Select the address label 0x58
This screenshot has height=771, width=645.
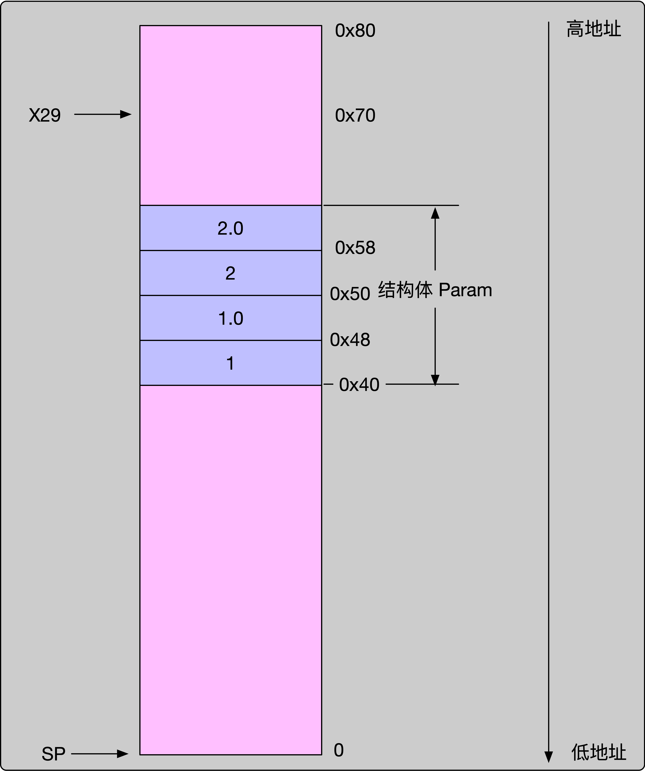[x=355, y=248]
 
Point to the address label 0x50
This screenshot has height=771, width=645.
[x=350, y=294]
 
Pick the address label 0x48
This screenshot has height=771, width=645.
[x=350, y=340]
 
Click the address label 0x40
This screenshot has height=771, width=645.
[x=359, y=385]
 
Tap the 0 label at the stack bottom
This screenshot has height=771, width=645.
[x=339, y=750]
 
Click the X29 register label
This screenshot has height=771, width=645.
[x=45, y=115]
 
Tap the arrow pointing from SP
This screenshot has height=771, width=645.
[x=100, y=754]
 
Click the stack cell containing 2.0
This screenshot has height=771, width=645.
[x=231, y=228]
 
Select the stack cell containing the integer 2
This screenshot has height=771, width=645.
[x=231, y=273]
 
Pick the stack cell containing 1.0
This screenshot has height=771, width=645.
[x=231, y=318]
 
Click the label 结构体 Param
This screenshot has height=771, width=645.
[x=435, y=290]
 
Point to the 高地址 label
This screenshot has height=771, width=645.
[x=594, y=29]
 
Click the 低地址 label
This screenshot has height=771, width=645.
[x=598, y=753]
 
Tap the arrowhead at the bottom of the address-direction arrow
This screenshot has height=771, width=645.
[x=548, y=756]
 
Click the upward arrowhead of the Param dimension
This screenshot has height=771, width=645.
[x=435, y=213]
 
